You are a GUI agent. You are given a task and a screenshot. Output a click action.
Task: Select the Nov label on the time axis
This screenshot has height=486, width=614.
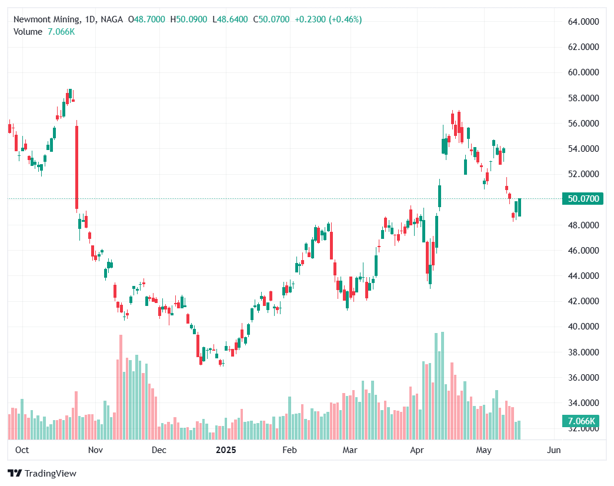point(95,450)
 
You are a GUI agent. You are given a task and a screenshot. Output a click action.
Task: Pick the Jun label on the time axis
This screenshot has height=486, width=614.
point(553,450)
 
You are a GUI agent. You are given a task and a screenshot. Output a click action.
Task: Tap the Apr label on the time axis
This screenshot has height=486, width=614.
point(417,450)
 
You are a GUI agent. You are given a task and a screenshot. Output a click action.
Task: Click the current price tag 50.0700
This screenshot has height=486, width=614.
point(583,199)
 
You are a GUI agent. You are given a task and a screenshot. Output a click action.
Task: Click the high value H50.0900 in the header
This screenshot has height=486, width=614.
point(188,19)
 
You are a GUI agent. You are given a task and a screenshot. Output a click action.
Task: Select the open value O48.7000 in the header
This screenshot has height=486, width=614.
point(146,19)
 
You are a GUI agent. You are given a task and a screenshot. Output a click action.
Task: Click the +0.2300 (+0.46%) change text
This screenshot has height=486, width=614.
point(328,19)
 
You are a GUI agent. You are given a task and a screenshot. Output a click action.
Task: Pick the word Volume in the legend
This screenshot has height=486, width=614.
point(28,32)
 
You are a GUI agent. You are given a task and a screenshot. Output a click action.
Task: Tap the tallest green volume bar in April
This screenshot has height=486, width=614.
point(442,385)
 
